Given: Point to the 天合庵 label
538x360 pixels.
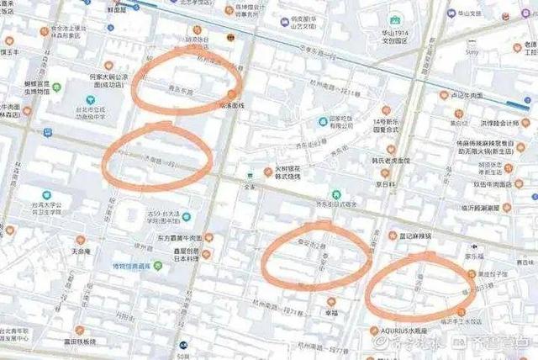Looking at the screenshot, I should (81, 251).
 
